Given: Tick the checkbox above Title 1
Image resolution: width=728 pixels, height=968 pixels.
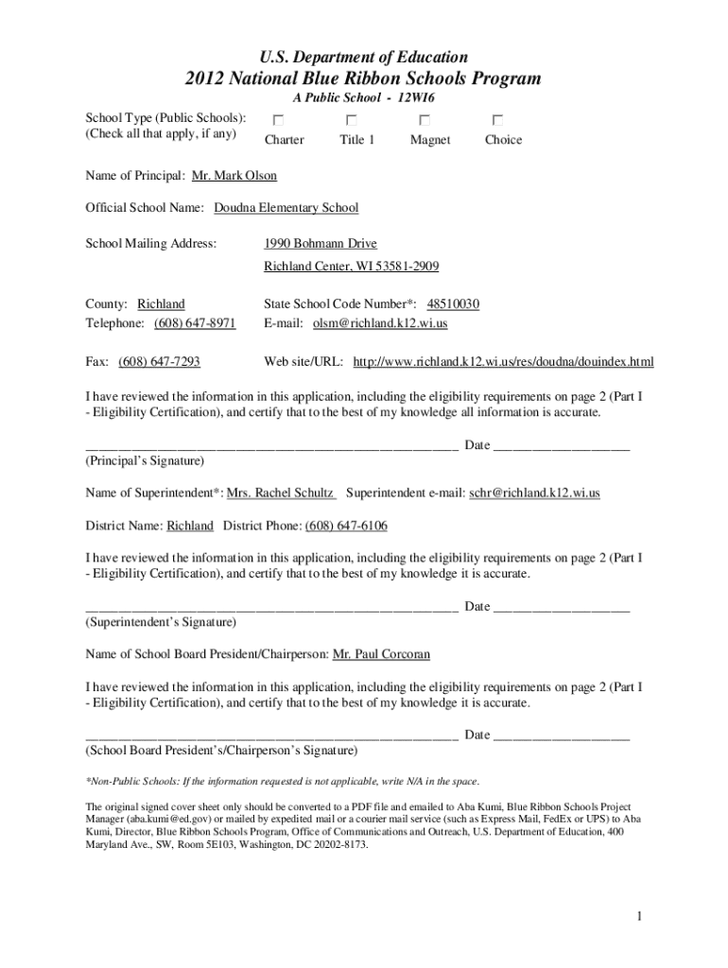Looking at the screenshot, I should click(351, 120).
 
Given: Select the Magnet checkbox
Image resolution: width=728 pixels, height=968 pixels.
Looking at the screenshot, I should click(425, 120).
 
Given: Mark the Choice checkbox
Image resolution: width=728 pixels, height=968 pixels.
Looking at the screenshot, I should click(497, 120).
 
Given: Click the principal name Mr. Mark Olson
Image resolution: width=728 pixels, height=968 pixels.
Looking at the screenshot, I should click(234, 177).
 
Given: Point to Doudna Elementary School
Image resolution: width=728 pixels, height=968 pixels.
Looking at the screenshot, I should click(286, 208).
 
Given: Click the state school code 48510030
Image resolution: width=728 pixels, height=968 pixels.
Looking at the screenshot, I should click(454, 304).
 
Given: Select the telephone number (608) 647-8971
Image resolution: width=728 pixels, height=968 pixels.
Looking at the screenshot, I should click(195, 323).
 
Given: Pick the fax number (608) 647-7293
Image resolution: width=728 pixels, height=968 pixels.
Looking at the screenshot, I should click(159, 362).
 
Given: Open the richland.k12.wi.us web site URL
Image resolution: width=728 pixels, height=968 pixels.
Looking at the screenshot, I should click(503, 362).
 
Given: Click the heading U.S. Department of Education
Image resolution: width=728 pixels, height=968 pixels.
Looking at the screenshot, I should click(364, 58).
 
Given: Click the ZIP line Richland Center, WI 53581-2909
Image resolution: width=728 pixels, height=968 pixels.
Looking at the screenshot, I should click(351, 267).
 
